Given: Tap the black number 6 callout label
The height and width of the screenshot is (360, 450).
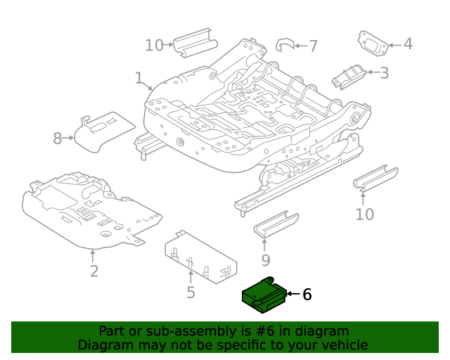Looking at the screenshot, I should (306, 295).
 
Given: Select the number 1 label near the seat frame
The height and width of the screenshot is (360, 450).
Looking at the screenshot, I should (139, 78).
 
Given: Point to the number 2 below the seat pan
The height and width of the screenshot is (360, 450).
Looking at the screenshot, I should (94, 271).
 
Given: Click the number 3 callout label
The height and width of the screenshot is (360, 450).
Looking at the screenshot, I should (384, 72).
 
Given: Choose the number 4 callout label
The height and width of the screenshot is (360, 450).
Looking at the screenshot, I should (407, 44).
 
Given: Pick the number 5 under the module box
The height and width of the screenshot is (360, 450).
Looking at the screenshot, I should (191, 292).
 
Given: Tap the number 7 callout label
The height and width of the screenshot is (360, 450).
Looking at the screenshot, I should (313, 46).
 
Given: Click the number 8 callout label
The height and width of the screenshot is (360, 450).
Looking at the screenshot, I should (58, 139).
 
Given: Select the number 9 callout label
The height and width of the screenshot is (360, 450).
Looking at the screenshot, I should (264, 262).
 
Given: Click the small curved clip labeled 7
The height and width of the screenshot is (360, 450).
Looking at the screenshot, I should (283, 45).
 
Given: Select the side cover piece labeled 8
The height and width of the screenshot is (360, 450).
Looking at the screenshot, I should (103, 130).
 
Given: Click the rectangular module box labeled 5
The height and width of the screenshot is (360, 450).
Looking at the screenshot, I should (199, 257).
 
